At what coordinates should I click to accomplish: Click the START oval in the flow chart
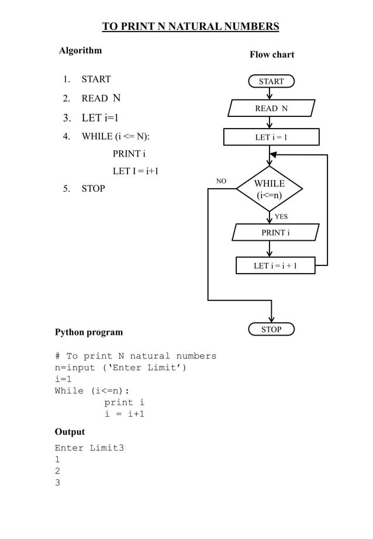(x=271, y=81)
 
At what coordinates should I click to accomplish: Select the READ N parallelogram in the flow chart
(x=271, y=108)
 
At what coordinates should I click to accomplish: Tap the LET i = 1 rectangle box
(x=271, y=137)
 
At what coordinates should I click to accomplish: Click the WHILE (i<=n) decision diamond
(x=270, y=189)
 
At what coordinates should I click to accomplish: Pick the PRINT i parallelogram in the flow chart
(x=275, y=232)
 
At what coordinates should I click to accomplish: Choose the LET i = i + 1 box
(x=275, y=265)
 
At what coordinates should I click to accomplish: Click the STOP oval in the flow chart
(x=271, y=329)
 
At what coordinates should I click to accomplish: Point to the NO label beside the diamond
(x=222, y=181)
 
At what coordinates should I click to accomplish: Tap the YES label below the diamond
(x=281, y=216)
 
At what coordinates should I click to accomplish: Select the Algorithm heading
(x=81, y=50)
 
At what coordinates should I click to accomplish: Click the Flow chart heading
(x=272, y=54)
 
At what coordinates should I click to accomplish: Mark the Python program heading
(x=89, y=332)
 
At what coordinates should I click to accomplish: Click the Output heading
(x=70, y=431)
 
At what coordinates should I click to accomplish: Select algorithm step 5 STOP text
(x=93, y=188)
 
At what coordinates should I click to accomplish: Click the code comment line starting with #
(x=135, y=356)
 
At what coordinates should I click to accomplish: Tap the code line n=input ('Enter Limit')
(x=120, y=368)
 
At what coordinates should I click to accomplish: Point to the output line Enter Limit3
(x=89, y=448)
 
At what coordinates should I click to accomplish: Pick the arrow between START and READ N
(x=270, y=93)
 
